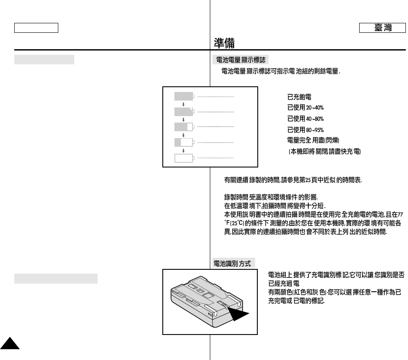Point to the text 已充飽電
[x=300, y=98]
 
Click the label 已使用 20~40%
[x=305, y=108]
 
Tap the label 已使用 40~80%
[x=305, y=119]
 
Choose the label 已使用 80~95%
[x=305, y=129]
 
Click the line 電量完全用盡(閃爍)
[x=313, y=140]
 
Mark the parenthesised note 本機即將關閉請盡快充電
[x=325, y=152]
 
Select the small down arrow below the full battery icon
[x=183, y=104]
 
